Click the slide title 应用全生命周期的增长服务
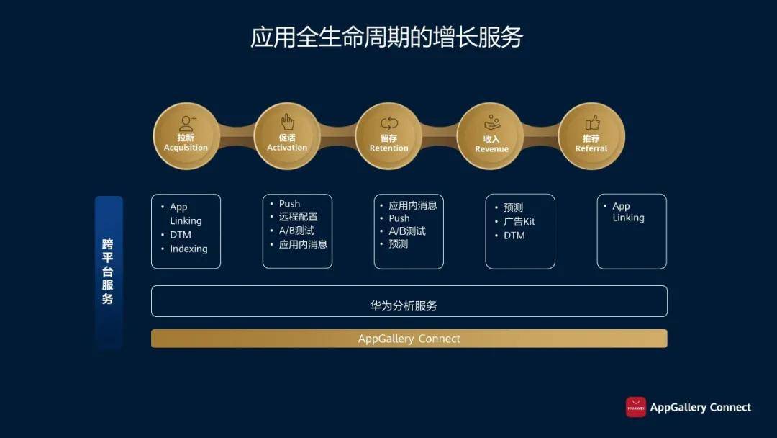(x=386, y=37)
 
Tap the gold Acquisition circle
(x=186, y=136)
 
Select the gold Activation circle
(x=287, y=136)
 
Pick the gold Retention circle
(x=389, y=136)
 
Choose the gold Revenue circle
(x=491, y=136)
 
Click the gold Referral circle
(x=591, y=136)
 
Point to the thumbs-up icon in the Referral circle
(x=593, y=122)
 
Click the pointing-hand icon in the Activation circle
(x=287, y=122)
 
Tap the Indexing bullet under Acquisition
(x=188, y=249)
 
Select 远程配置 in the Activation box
(x=299, y=217)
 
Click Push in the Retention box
(x=399, y=218)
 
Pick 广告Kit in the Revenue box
(x=519, y=221)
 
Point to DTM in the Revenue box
(x=514, y=236)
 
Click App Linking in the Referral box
(x=628, y=212)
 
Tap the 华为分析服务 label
(x=404, y=306)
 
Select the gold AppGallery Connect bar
(x=409, y=339)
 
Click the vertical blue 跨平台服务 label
(x=109, y=272)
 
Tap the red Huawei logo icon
(x=636, y=407)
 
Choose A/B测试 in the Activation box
(x=296, y=231)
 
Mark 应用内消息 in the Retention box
(x=413, y=205)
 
